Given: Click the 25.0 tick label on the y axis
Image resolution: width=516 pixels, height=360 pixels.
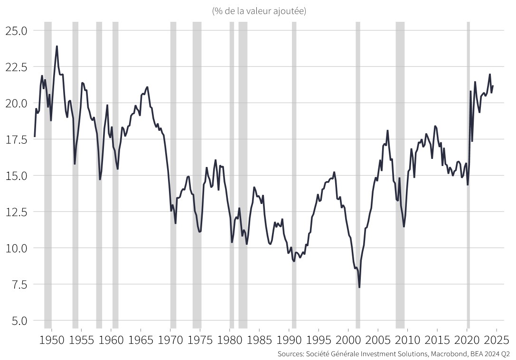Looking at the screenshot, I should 16,31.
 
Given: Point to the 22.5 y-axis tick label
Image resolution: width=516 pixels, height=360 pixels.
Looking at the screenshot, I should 16,67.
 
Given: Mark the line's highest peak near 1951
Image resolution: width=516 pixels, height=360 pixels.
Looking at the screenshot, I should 57,46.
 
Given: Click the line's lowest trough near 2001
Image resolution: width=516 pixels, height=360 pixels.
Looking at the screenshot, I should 359,287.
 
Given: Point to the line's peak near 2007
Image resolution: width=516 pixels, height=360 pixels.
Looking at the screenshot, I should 388,130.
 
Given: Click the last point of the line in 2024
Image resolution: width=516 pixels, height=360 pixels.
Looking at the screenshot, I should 493,86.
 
